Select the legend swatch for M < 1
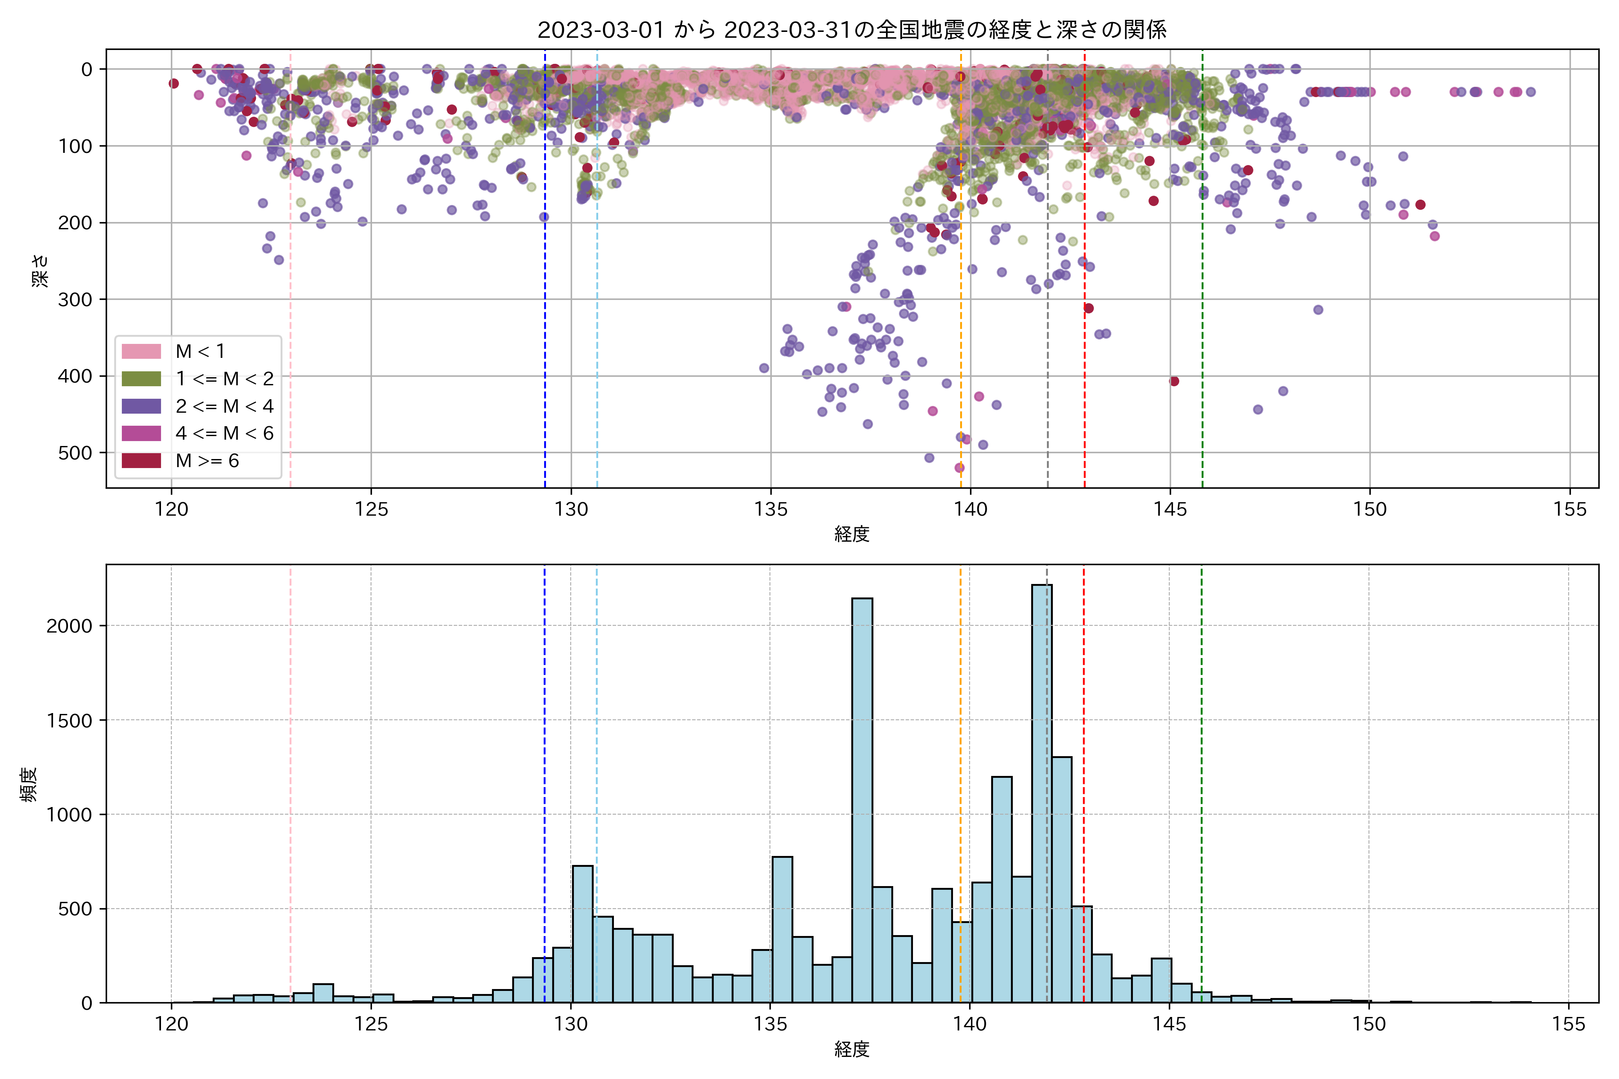coord(141,352)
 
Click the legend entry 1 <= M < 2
coord(224,379)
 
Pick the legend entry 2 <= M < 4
coord(224,406)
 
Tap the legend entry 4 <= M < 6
coord(224,433)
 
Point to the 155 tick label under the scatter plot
coord(1570,510)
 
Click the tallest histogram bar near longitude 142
coord(1042,791)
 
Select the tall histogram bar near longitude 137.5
coord(862,798)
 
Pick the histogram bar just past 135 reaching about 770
coord(782,929)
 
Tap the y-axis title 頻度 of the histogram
coord(29,785)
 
